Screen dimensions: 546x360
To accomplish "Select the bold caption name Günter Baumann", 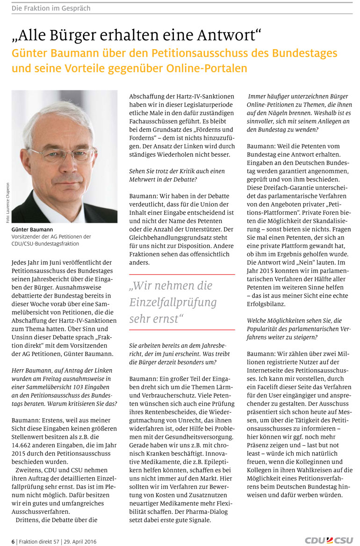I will tap(32, 230).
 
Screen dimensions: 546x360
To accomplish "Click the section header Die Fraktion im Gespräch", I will tap(51, 8).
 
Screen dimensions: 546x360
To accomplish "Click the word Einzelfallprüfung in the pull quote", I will tap(173, 302).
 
